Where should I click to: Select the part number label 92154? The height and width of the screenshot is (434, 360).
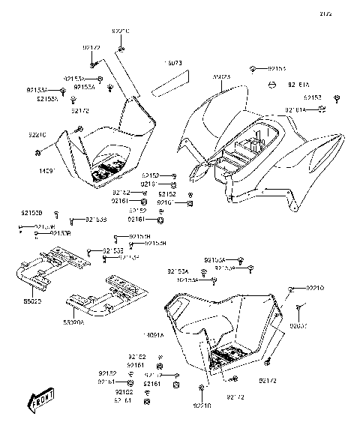(x=277, y=68)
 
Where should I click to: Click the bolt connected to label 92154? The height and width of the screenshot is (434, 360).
(x=253, y=69)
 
